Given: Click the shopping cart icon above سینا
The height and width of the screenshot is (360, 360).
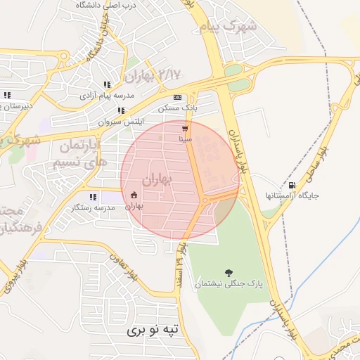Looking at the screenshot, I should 185,129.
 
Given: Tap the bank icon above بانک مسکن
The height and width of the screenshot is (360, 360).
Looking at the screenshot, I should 177,97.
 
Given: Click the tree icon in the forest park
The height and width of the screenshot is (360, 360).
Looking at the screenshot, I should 228,272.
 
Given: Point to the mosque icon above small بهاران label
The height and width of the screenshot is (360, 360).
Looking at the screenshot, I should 134,195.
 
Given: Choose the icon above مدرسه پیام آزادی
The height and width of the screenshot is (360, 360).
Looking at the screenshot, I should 107,84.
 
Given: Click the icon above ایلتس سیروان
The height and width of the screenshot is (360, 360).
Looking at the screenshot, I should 122,110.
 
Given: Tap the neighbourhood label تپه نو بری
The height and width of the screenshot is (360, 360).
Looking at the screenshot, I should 154,328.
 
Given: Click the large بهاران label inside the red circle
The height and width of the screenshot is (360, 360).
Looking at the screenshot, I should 157,180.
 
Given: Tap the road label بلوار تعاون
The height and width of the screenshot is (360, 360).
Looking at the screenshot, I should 105,266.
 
